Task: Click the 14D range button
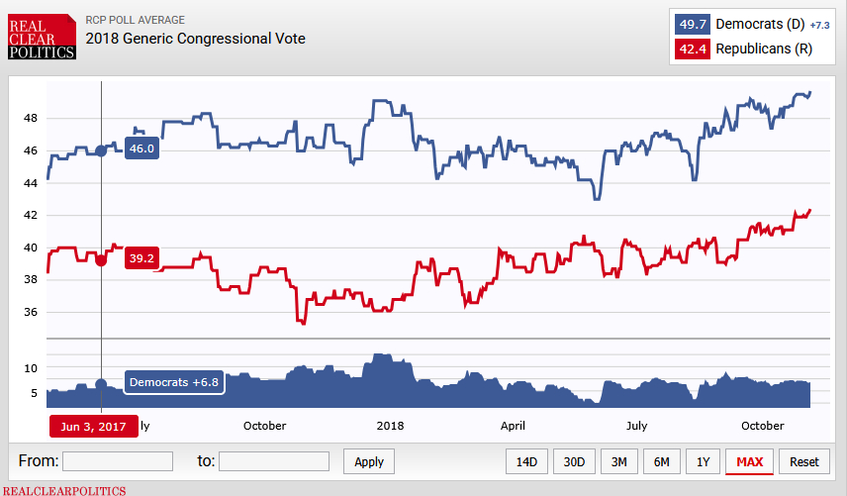click(x=527, y=461)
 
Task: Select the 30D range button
click(x=574, y=461)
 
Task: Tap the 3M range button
click(x=618, y=461)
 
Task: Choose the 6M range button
click(x=661, y=461)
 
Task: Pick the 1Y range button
click(x=703, y=461)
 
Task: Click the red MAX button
click(x=749, y=461)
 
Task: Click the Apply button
click(x=369, y=461)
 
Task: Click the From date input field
click(x=117, y=461)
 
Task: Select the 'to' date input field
click(x=274, y=461)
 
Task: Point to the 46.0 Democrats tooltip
click(x=141, y=149)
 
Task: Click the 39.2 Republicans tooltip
click(x=141, y=259)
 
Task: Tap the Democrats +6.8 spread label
click(x=174, y=382)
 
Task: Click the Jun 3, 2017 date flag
click(x=93, y=426)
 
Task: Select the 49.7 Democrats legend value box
click(x=693, y=23)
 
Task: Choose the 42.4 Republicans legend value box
click(x=693, y=49)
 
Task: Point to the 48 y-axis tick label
click(x=30, y=118)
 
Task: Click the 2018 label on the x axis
click(x=391, y=426)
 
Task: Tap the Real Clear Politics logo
click(x=43, y=37)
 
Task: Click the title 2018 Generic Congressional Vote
click(x=195, y=39)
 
